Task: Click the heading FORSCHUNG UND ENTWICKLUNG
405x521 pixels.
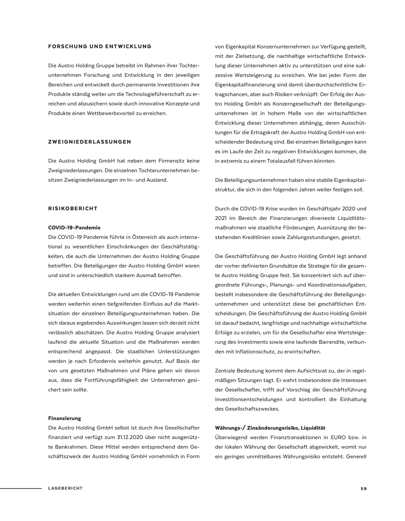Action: (x=100, y=47)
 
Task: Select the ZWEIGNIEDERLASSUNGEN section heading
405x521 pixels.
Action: (x=90, y=142)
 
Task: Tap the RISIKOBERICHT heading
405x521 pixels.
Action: (x=73, y=208)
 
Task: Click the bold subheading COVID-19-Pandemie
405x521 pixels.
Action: (x=74, y=228)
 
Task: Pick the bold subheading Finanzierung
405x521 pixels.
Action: (x=65, y=418)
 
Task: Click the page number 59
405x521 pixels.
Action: (x=364, y=489)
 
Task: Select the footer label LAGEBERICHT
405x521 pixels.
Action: (x=65, y=488)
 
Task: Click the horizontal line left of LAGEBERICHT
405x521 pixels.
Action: (x=21, y=488)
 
